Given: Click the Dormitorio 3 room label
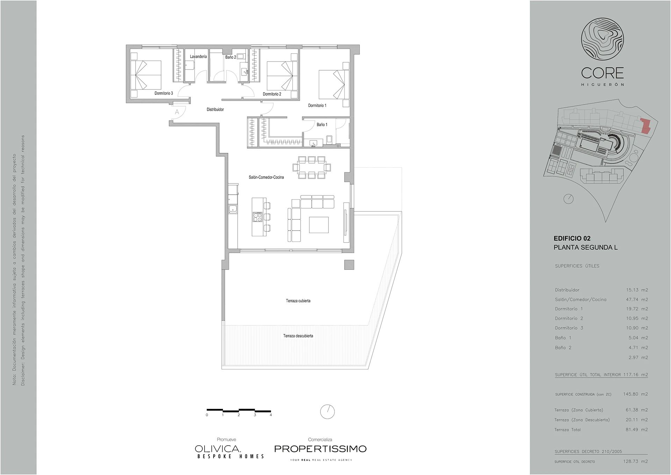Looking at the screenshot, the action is coord(164,93).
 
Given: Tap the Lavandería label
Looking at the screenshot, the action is coord(198,56).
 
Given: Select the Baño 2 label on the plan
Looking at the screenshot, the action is coord(231,57).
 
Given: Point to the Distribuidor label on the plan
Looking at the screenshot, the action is coord(215,109).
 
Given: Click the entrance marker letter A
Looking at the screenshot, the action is coord(177,112).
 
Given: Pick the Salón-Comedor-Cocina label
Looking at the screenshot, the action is coord(266,177).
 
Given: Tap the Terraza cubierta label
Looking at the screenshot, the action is coord(298,301).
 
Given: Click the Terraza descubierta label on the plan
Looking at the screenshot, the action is coord(298,336).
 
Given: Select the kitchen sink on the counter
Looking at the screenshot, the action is coord(233,209).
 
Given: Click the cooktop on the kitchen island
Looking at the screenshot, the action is coord(257,217).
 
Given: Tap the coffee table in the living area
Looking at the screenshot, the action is coord(319,225).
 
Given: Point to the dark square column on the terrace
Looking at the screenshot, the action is coord(349,265).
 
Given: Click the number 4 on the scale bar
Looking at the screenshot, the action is coord(271,415).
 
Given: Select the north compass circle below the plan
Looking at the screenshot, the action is coord(327,411).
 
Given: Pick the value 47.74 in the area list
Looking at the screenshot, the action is coord(632,300).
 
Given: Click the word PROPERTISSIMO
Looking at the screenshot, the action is coord(320,449).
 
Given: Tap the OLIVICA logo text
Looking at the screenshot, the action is coord(218,449).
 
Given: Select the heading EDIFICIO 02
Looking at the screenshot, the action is coord(572,238).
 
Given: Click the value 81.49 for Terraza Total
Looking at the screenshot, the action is coord(632,430).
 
